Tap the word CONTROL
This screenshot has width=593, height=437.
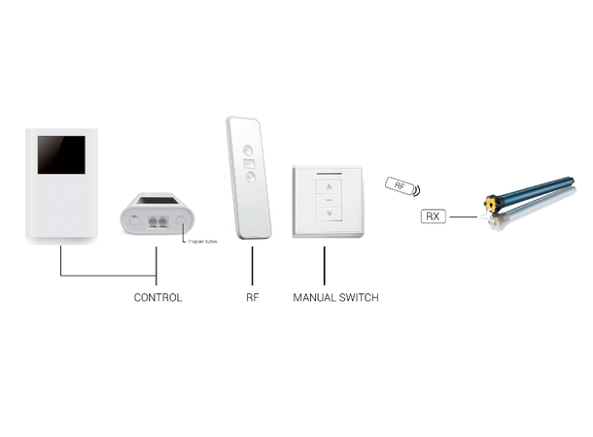(x=157, y=297)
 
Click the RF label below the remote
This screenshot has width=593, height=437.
(x=251, y=297)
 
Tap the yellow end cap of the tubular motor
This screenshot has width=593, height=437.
(x=495, y=204)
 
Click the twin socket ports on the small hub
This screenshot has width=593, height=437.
(x=160, y=219)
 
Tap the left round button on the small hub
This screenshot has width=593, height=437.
(x=134, y=218)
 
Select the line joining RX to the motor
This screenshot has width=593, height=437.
(x=465, y=217)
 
